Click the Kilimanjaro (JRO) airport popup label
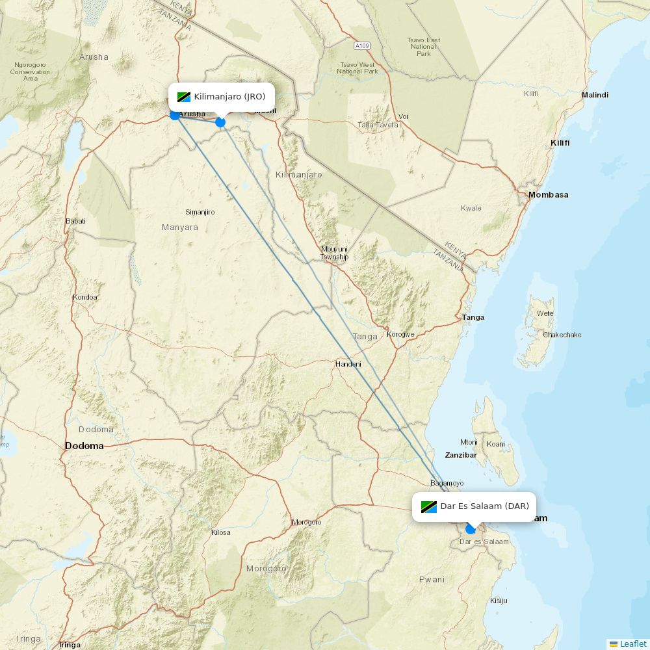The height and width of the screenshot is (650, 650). [x=222, y=97]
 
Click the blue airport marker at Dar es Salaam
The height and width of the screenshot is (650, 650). [x=471, y=529]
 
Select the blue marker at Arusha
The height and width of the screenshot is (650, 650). [x=174, y=115]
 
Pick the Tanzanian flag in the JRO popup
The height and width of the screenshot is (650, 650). [x=183, y=97]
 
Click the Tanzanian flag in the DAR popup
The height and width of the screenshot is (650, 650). [x=428, y=506]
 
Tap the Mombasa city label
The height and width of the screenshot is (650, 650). [x=548, y=195]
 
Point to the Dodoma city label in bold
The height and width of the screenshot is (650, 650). [x=84, y=446]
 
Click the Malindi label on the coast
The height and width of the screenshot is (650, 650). [x=595, y=95]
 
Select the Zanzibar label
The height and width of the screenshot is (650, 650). [x=461, y=455]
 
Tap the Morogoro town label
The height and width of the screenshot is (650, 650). [x=306, y=522]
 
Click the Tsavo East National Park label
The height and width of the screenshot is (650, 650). [x=424, y=47]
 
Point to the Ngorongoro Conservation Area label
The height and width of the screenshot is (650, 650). [x=30, y=71]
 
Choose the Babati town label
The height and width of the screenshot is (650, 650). [x=75, y=221]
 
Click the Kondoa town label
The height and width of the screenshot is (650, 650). [x=85, y=297]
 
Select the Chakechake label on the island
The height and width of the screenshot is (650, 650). [x=562, y=335]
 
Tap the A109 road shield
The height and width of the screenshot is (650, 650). [x=362, y=46]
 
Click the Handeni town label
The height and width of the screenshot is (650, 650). [x=348, y=364]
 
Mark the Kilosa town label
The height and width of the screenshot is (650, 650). [x=221, y=532]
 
